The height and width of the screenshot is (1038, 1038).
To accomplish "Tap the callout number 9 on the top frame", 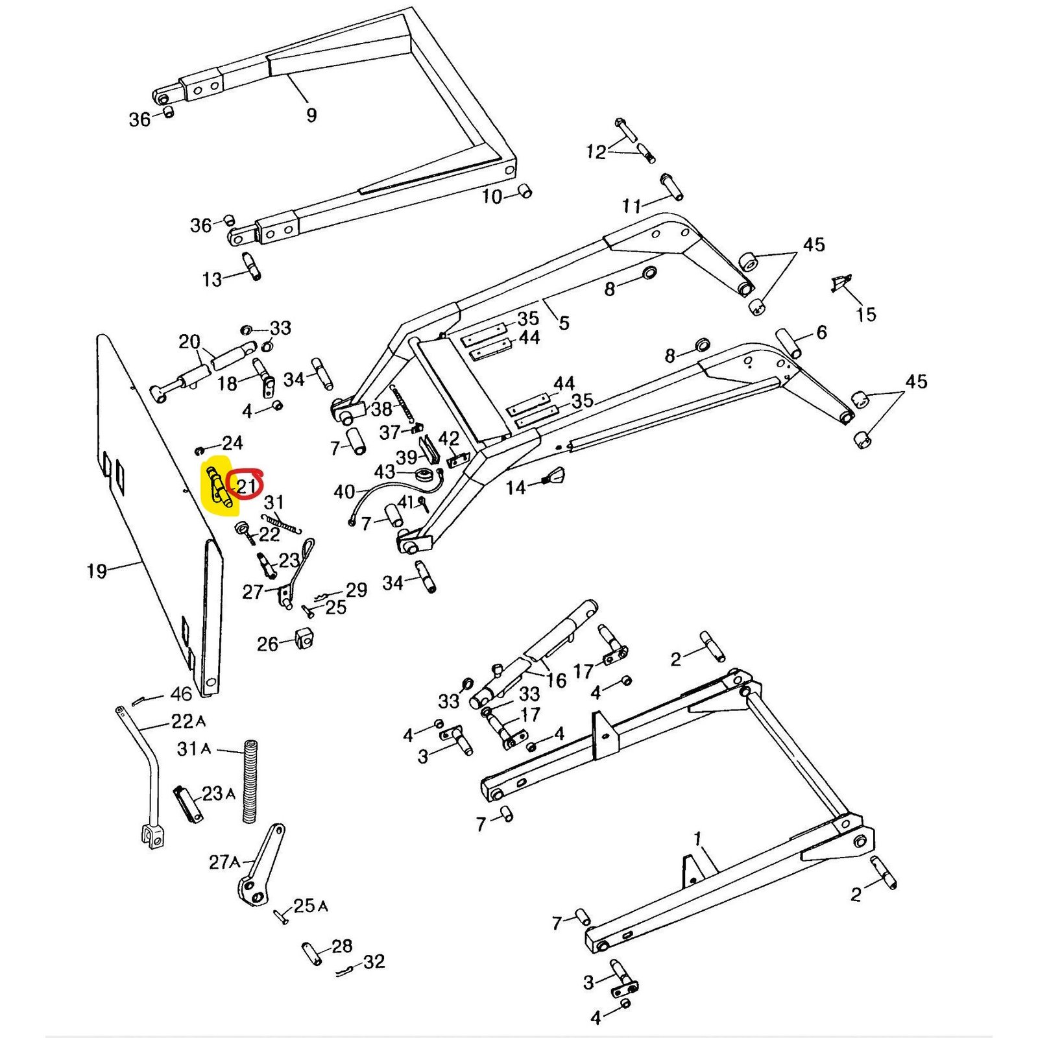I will coord(311,115).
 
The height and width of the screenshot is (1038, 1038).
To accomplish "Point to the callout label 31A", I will coord(194,749).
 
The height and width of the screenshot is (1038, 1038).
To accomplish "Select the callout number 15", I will coord(866,315).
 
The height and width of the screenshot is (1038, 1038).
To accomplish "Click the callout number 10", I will coord(492,196).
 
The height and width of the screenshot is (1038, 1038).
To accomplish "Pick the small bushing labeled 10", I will coord(524,191).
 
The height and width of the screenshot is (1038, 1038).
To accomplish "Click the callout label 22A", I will coord(188,721).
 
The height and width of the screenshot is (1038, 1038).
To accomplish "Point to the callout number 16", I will coord(557,680).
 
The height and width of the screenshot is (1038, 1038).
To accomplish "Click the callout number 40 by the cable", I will coord(344,492).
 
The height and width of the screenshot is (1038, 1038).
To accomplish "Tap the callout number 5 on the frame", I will coord(564,322).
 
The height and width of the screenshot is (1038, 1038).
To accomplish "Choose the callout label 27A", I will coord(224,862).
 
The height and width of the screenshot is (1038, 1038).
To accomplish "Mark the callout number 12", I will coord(596,152).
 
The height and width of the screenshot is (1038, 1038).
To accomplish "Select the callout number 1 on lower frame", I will coord(697,839).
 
